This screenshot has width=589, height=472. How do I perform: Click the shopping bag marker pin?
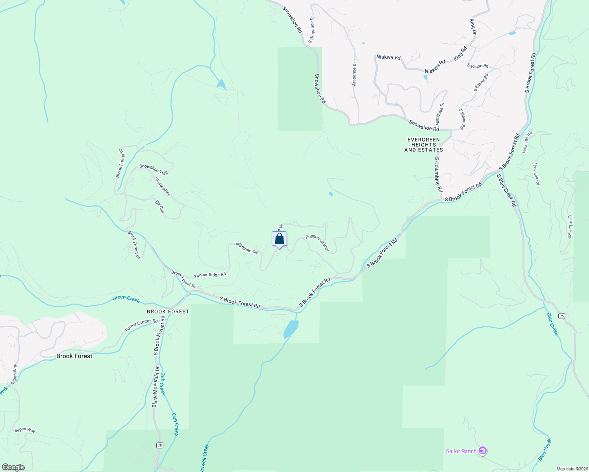click(x=279, y=239)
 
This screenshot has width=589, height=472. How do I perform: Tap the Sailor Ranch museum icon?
click(x=483, y=451)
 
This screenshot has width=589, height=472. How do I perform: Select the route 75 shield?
click(x=561, y=316)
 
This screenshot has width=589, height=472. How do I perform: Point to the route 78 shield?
click(x=159, y=445)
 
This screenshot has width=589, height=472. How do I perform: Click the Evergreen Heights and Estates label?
click(x=424, y=145)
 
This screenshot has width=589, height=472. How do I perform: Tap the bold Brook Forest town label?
click(x=74, y=356)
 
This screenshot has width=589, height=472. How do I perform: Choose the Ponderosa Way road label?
click(x=317, y=243)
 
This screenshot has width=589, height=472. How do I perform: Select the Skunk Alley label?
click(x=163, y=186)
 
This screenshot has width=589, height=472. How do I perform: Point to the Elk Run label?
click(x=159, y=206)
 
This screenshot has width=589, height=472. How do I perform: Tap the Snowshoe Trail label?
click(x=154, y=170)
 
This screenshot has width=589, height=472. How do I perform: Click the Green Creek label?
click(x=126, y=299)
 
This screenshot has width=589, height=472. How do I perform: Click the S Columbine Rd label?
click(x=438, y=175)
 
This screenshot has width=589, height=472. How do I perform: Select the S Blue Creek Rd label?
click(x=506, y=190)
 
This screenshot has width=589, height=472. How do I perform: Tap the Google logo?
click(x=13, y=467)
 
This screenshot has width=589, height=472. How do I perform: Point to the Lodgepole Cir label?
click(x=246, y=247)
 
